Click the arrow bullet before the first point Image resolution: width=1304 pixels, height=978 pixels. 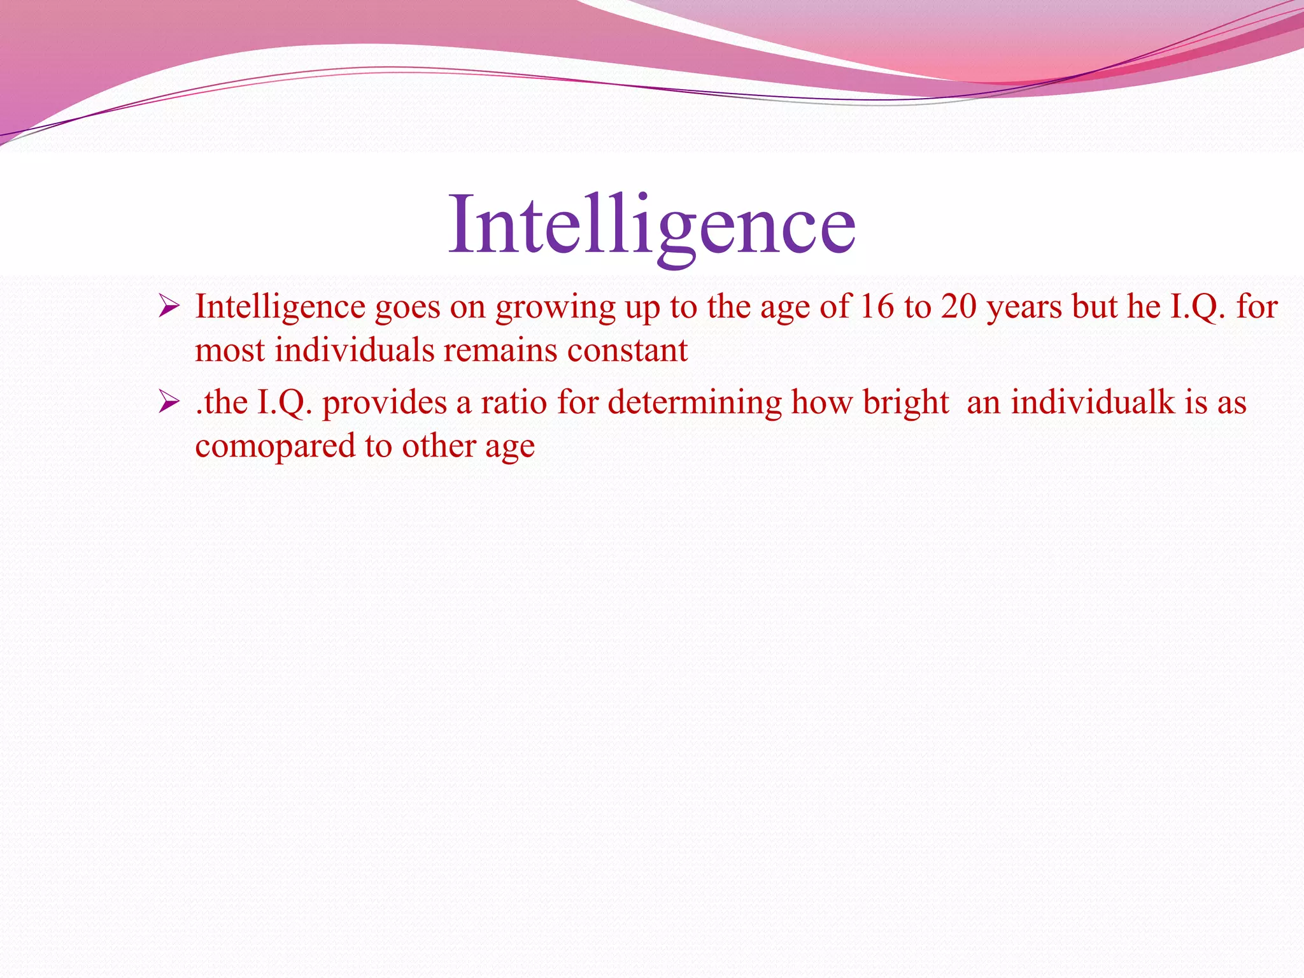pyautogui.click(x=169, y=308)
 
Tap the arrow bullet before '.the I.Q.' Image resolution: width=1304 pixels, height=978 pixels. pyautogui.click(x=169, y=402)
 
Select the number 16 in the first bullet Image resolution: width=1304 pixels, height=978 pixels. pyautogui.click(x=877, y=307)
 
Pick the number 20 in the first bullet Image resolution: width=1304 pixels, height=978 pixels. pyautogui.click(x=959, y=307)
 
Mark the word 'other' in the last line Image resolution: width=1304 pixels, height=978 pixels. pyautogui.click(x=438, y=446)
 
